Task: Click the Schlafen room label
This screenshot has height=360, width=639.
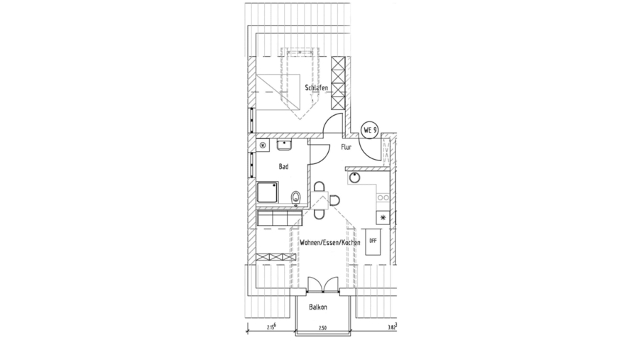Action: [317, 87]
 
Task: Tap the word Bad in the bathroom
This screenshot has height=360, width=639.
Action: [283, 167]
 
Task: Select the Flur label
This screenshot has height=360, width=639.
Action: [346, 147]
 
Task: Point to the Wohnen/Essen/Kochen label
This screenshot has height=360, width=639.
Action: [330, 243]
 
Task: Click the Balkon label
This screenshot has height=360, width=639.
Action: [318, 307]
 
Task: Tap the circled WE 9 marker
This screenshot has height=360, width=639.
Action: [370, 130]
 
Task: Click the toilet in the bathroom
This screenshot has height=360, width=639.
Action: [296, 195]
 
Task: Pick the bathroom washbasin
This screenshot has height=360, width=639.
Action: [285, 146]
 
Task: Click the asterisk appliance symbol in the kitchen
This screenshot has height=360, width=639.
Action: [383, 217]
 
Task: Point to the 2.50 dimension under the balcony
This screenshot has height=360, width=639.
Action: [322, 327]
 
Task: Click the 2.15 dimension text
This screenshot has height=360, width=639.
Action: [271, 327]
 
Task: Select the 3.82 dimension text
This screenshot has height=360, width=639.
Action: [391, 327]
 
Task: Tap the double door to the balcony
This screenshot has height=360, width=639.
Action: [324, 285]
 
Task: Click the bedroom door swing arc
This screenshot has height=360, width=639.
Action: [330, 124]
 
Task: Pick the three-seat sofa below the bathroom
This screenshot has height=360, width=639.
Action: [273, 219]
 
